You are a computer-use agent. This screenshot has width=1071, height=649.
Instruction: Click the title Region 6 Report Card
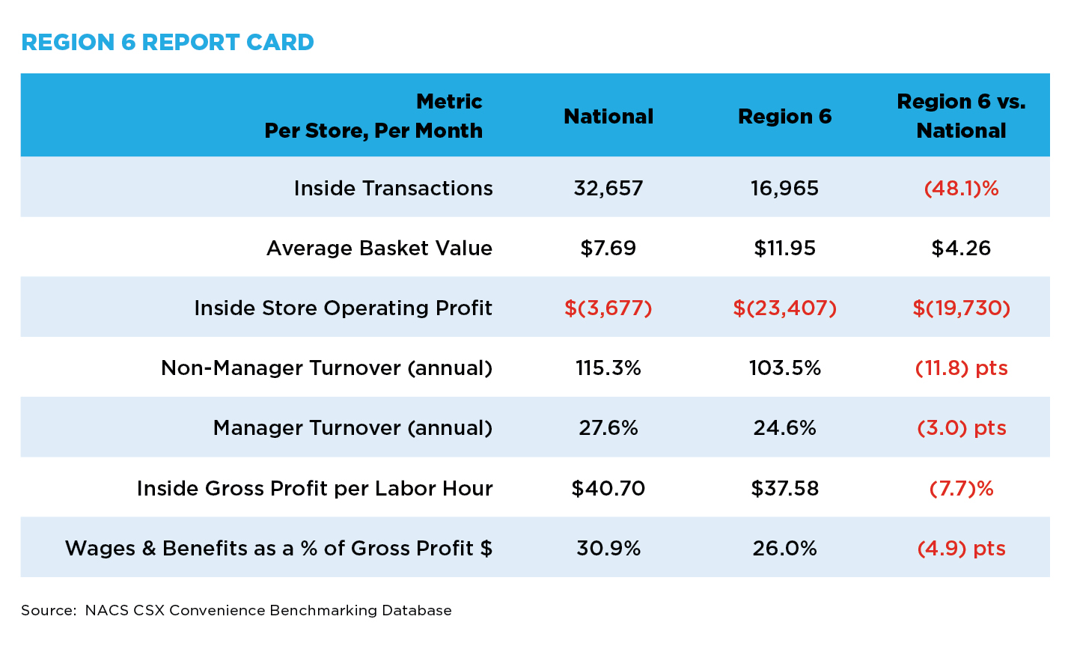pos(168,42)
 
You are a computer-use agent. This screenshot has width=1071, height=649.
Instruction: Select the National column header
pos(608,116)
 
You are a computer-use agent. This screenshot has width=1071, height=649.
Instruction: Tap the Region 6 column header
pos(784,116)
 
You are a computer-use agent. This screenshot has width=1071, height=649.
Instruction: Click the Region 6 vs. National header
pos(961,116)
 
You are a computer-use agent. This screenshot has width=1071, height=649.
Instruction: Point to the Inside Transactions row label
pos(393,188)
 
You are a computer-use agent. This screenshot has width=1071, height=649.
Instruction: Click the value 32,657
pos(608,189)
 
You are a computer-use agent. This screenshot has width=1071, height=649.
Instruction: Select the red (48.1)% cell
pos(961,189)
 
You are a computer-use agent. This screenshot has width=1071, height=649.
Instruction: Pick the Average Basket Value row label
pos(379,248)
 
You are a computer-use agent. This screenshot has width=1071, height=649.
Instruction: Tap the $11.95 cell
pos(784,249)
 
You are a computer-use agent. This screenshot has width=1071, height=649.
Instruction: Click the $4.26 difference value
pos(961,249)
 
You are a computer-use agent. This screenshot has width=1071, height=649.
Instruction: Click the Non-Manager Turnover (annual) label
pos(326,368)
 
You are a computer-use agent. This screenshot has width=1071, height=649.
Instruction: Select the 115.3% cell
pos(608,368)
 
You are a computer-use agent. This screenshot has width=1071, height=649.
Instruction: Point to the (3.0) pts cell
pos(961,428)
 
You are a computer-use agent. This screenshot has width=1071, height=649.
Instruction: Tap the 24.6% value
pos(784,428)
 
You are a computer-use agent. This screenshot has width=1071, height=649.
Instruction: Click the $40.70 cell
pos(608,488)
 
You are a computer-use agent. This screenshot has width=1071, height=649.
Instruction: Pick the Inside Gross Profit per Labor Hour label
pos(314,488)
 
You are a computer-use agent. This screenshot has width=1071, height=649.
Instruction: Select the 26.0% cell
pos(784,548)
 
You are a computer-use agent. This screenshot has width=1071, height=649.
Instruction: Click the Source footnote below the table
pos(237,610)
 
